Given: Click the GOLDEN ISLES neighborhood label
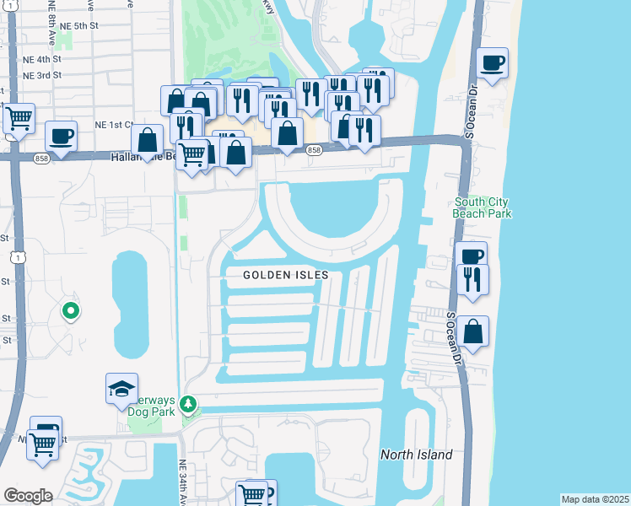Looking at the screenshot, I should [x=285, y=275].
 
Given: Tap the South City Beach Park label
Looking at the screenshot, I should [x=483, y=207].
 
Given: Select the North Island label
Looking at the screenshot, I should [x=416, y=455].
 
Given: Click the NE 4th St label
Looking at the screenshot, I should [x=43, y=60].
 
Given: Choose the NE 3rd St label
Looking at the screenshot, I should [x=43, y=76].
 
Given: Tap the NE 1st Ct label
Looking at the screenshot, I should [x=113, y=125].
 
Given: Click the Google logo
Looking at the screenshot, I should [x=28, y=496].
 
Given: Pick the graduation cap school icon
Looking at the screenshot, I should [x=122, y=388].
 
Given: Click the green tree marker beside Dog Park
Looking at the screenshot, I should [x=191, y=405].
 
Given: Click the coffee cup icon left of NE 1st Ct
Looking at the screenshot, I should [x=61, y=135].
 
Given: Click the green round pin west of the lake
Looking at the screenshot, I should [x=72, y=311].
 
